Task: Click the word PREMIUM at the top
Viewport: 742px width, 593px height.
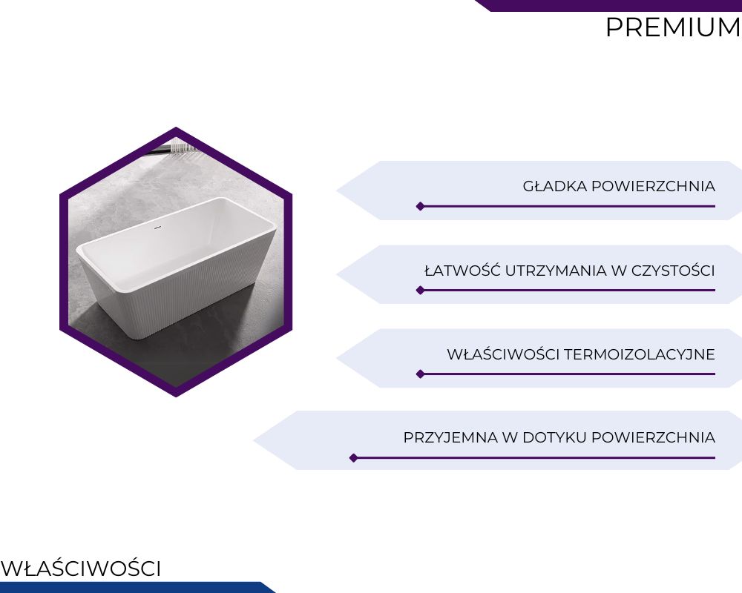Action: click(x=674, y=27)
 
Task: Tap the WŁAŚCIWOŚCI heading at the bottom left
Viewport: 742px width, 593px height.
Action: click(x=81, y=568)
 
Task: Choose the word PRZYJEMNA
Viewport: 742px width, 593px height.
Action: click(x=450, y=437)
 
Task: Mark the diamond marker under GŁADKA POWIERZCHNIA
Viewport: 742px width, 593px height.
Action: click(x=420, y=206)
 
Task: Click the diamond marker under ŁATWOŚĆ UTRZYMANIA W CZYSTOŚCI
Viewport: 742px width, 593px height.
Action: click(x=420, y=291)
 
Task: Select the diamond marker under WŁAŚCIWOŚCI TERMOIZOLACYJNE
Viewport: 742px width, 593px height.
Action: click(x=420, y=374)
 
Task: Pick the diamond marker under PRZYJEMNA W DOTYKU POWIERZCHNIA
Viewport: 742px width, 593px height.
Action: click(x=353, y=458)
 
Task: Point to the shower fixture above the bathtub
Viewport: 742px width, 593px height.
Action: click(x=173, y=148)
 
